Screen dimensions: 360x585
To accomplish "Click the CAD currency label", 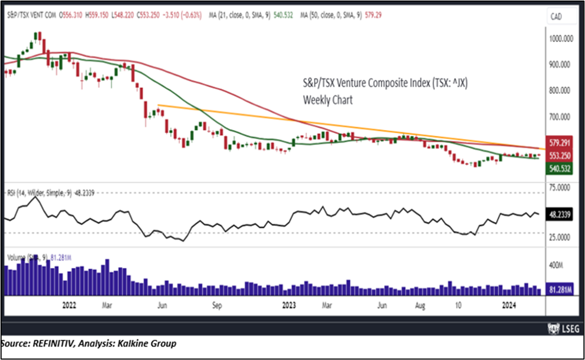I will (557, 17).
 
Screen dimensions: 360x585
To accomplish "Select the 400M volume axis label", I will (557, 265).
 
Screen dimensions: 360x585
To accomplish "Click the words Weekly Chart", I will (328, 100).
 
